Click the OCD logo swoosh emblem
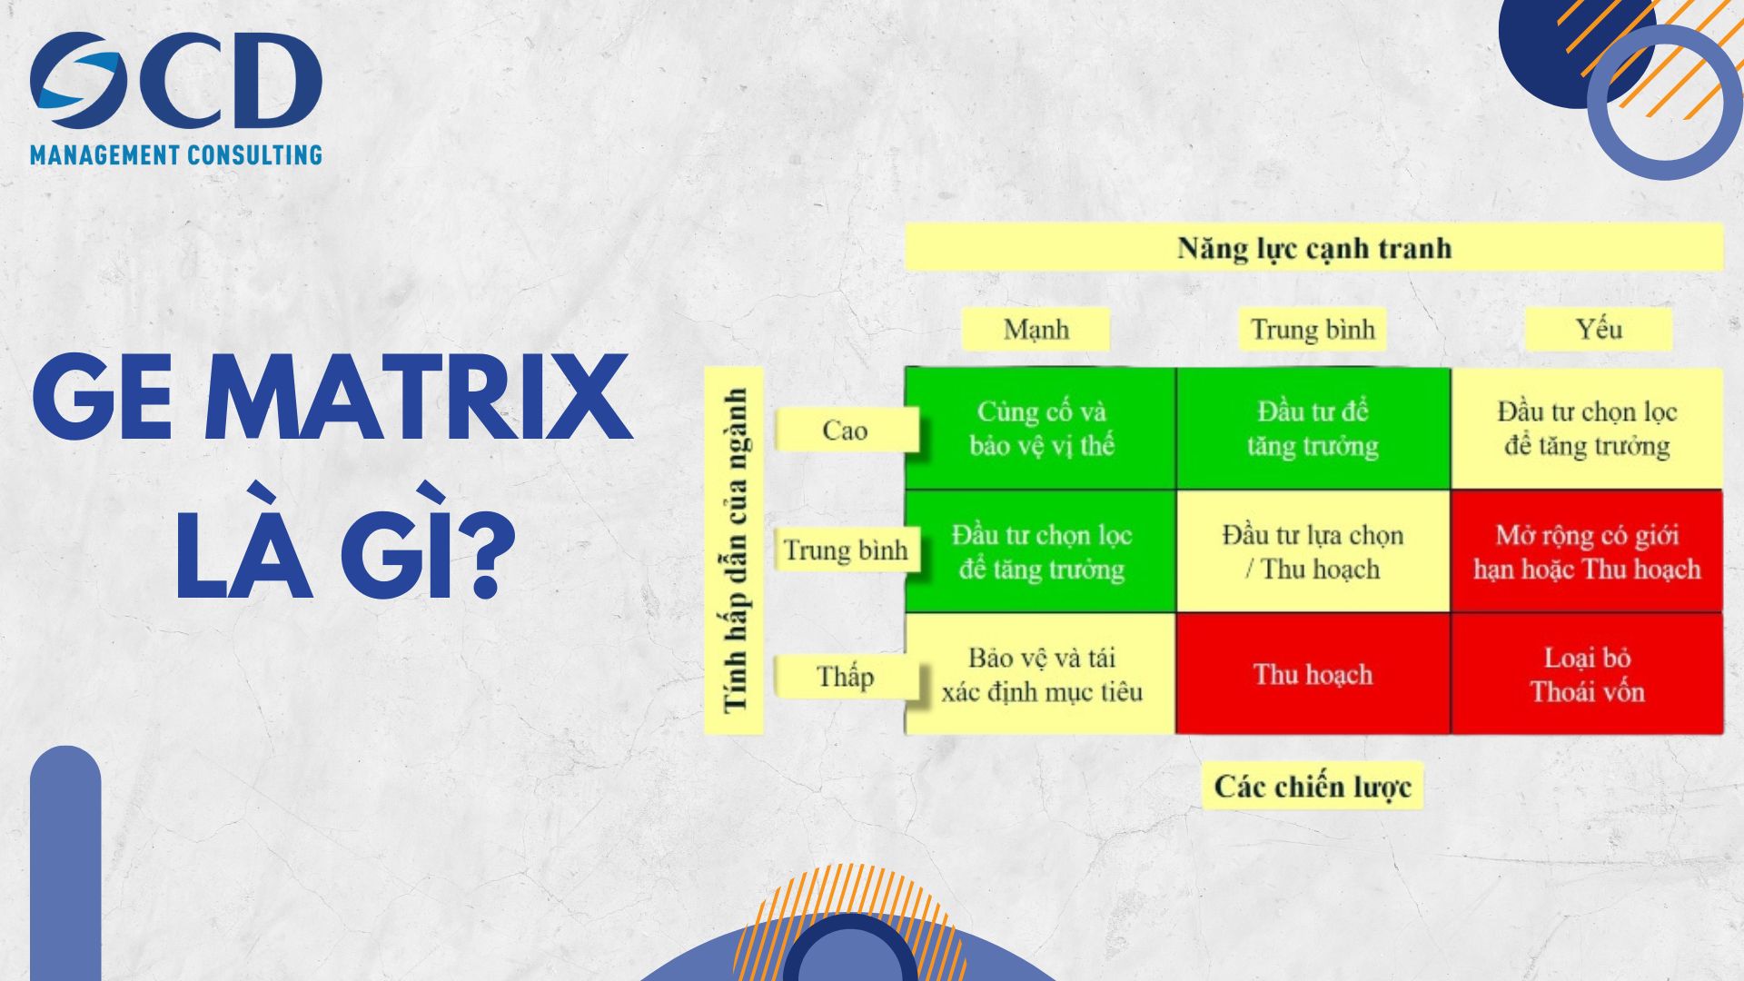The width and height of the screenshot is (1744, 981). coord(78,81)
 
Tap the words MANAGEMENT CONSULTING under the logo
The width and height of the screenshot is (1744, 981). coord(176,155)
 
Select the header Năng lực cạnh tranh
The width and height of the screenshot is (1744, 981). coord(1313,247)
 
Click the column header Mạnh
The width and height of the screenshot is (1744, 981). coord(1035,329)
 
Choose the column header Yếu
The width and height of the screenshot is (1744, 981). coord(1598,329)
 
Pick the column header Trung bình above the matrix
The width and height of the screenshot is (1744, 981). coord(1313,329)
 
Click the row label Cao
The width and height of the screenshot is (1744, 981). coord(845,430)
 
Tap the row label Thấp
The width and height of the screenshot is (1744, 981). coord(845,677)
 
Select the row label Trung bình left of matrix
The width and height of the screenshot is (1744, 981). coord(845,550)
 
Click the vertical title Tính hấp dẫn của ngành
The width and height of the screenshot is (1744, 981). coord(734,550)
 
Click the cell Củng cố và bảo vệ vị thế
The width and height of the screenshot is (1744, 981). coord(1041,428)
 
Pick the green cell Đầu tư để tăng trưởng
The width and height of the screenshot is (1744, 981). coord(1313,428)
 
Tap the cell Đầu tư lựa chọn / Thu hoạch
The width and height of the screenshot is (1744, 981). coord(1313,551)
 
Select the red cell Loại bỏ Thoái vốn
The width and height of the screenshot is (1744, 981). coord(1587,674)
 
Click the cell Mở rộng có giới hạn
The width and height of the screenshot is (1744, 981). coord(1587,551)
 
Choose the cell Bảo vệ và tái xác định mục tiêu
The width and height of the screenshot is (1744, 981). coord(1041,674)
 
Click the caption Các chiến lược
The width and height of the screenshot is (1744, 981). coord(1313,786)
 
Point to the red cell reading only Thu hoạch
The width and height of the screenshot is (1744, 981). coord(1313,674)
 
